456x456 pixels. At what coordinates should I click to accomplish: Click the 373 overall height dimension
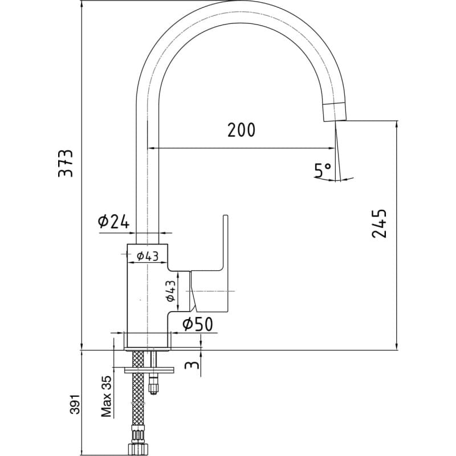coord(66,163)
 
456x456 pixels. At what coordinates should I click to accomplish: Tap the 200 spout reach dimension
coord(241,130)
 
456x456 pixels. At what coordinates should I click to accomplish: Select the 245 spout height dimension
coord(379,223)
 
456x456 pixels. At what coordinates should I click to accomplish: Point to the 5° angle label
coord(323,170)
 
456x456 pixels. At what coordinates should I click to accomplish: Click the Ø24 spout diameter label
coord(113,222)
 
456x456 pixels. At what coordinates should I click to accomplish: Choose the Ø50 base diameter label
coord(198,324)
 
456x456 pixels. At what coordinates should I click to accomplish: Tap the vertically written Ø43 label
coord(170,291)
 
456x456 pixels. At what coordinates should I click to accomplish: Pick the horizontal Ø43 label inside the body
coord(148,256)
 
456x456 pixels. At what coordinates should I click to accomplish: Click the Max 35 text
coord(107,396)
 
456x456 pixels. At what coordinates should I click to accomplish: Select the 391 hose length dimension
coord(75,404)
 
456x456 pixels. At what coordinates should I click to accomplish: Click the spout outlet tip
coord(335,120)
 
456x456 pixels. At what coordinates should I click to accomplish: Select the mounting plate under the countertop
coord(149,370)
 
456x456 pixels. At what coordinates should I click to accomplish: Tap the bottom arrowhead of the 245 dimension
coord(397,347)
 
